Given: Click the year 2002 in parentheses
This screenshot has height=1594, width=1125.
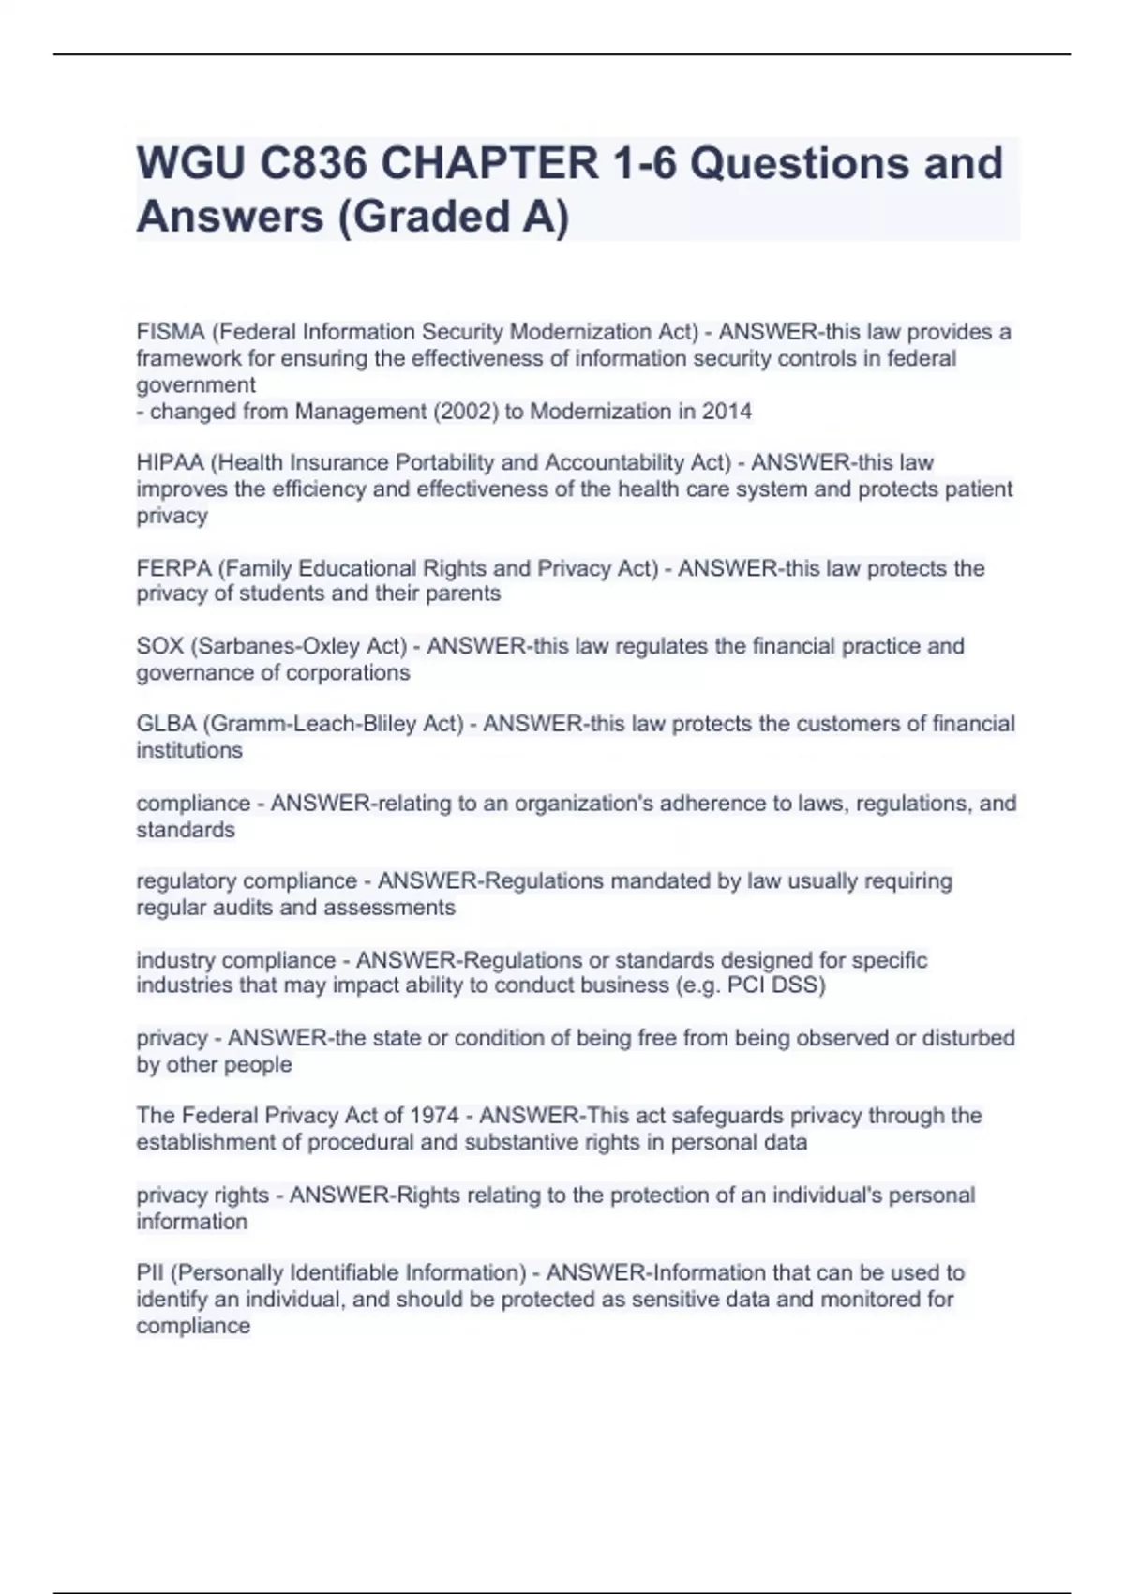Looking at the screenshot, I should coord(466,411).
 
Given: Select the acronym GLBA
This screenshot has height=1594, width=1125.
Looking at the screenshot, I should coord(166,724).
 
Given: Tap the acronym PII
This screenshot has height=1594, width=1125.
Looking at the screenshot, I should coord(150,1272).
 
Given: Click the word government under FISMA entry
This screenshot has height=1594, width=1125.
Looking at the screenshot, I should coord(196,385).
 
